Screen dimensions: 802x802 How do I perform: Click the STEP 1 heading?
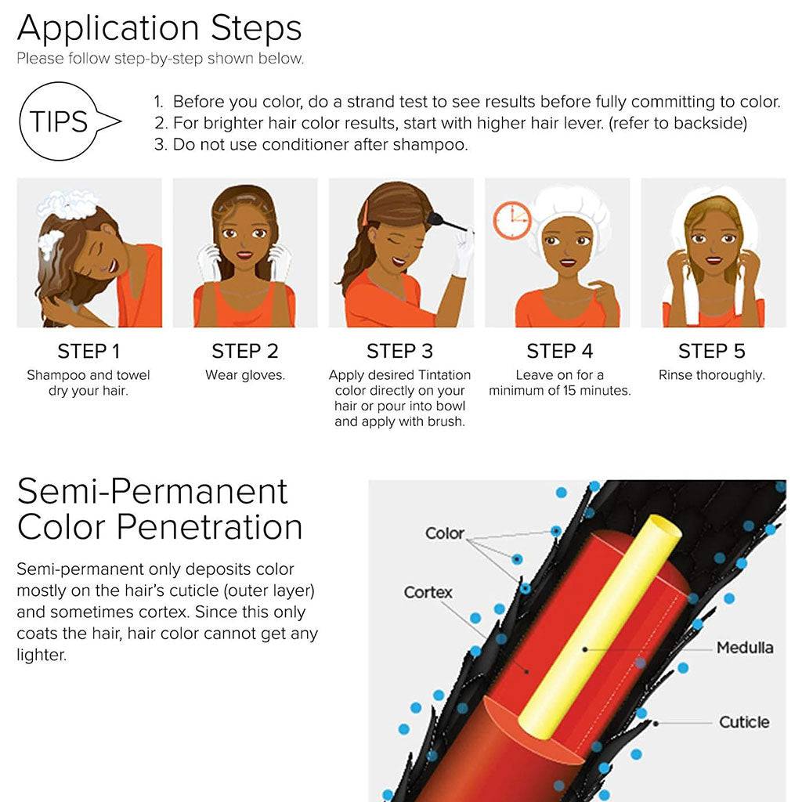coord(89,352)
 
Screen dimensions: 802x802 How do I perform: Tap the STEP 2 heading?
coord(245,352)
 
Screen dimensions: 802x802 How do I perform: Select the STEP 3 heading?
coord(400,352)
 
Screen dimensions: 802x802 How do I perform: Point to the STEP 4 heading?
coord(559,352)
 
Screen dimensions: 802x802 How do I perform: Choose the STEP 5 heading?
coord(711,352)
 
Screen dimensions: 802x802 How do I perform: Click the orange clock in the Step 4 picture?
coord(512,220)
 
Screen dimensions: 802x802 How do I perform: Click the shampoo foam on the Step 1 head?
coord(66,205)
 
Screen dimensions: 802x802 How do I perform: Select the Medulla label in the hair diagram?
coord(745,648)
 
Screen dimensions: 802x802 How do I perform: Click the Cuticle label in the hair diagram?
coord(744,722)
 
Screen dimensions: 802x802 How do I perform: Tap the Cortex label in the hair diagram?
coord(428,592)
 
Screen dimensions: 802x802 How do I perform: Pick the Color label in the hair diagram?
coord(445,533)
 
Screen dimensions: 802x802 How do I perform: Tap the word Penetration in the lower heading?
coord(210,527)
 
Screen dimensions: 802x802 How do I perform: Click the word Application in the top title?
coord(108,29)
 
